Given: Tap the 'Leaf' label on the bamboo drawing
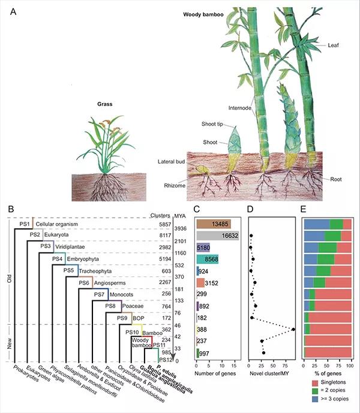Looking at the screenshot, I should tap(334, 45).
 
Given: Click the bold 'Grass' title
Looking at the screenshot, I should tap(104, 104).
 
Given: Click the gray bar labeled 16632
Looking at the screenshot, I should tap(217, 236).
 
